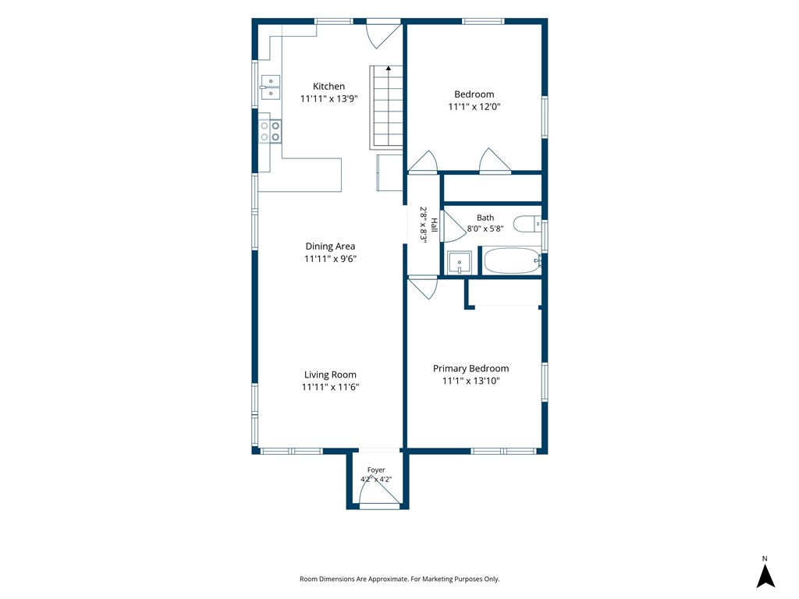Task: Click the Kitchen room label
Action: click(328, 87)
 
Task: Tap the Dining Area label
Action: click(330, 246)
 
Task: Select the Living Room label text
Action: click(330, 375)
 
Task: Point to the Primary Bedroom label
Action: click(471, 369)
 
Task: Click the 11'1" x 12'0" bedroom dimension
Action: click(474, 107)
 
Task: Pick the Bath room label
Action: click(485, 218)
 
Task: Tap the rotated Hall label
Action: click(434, 225)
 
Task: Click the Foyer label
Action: click(376, 470)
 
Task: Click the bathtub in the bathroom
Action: click(512, 261)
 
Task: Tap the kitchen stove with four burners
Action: click(269, 131)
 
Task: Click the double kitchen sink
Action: click(270, 87)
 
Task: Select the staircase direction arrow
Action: click(389, 68)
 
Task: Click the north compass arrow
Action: click(765, 576)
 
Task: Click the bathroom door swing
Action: click(453, 225)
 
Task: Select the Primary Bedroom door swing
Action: click(423, 288)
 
